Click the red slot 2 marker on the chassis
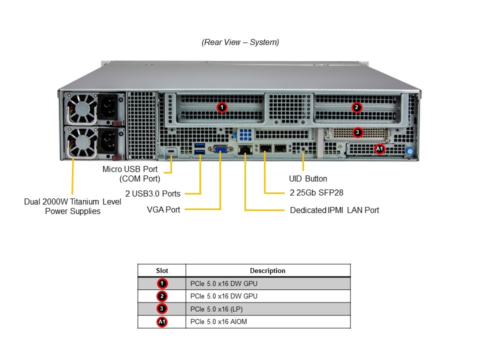pyautogui.click(x=356, y=107)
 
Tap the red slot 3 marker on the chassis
pyautogui.click(x=357, y=132)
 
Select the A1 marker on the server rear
pyautogui.click(x=379, y=148)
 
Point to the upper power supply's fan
pyautogui.click(x=82, y=109)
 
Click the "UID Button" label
pyautogui.click(x=308, y=178)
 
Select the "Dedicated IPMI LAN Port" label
pyautogui.click(x=334, y=210)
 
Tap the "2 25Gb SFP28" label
pyautogui.click(x=316, y=192)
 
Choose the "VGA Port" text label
pyautogui.click(x=163, y=209)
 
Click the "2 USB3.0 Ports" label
pyautogui.click(x=153, y=193)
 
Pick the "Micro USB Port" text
pyautogui.click(x=130, y=169)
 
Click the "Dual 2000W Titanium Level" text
pyautogui.click(x=72, y=201)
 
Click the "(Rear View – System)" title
pyautogui.click(x=240, y=42)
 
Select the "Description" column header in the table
pyautogui.click(x=267, y=270)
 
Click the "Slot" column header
pyautogui.click(x=162, y=270)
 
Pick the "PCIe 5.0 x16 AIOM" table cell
pyautogui.click(x=219, y=321)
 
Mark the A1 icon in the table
pyautogui.click(x=162, y=321)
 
